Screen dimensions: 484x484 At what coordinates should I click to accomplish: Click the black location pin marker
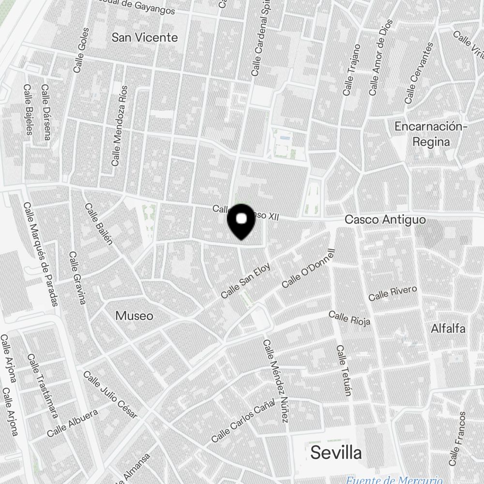242,221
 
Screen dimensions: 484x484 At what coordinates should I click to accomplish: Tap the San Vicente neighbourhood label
145,37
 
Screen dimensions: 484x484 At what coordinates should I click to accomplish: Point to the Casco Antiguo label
385,220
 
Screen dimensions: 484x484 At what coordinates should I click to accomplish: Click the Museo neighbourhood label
134,316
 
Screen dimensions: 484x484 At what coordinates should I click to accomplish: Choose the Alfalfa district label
448,329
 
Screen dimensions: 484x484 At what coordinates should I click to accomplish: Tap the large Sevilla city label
336,453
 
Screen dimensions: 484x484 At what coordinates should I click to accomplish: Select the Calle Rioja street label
349,318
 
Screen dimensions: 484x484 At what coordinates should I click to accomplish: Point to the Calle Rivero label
393,293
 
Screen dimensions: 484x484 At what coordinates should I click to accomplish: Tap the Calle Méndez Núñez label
276,380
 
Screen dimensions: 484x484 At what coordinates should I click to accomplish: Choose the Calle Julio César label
110,394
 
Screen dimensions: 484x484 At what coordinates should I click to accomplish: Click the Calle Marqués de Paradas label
41,254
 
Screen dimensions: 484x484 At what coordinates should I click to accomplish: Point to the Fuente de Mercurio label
394,480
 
